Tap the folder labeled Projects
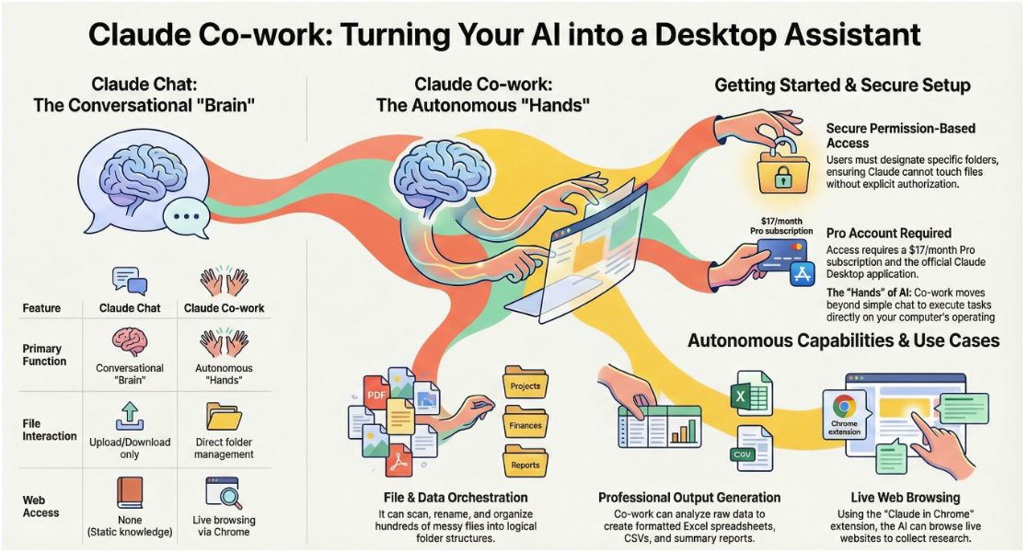(526, 382)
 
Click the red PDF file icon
(376, 393)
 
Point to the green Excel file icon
(751, 394)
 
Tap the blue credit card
(781, 254)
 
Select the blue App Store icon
(803, 274)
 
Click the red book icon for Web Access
(130, 492)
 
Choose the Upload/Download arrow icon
(130, 416)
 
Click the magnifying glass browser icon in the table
(224, 493)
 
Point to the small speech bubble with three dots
(186, 216)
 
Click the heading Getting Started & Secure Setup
(842, 86)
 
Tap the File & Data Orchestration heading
(456, 498)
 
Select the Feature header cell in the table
(42, 308)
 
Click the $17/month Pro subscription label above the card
(781, 226)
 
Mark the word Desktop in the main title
(714, 35)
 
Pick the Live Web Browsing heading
(906, 498)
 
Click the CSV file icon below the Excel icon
(751, 448)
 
